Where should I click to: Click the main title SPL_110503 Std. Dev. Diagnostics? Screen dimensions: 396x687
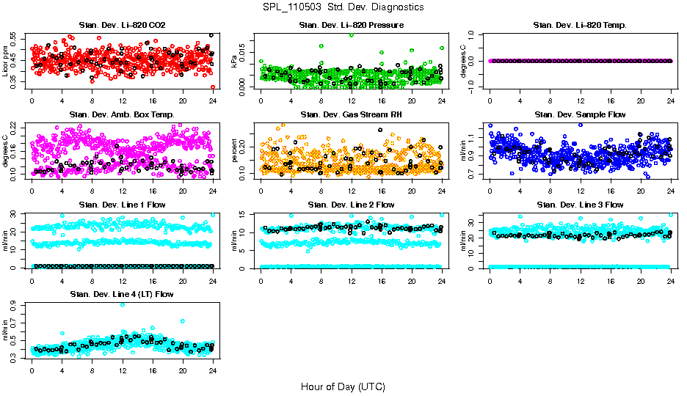pyautogui.click(x=343, y=7)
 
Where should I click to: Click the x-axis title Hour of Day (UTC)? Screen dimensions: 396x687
pyautogui.click(x=343, y=386)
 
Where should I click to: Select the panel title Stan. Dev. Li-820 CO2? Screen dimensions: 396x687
pyautogui.click(x=122, y=26)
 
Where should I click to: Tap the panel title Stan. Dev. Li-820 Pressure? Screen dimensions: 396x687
pyautogui.click(x=351, y=26)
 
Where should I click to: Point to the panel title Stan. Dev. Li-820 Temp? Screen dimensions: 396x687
pyautogui.click(x=580, y=26)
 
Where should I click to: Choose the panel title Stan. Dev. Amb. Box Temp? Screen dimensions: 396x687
pyautogui.click(x=122, y=114)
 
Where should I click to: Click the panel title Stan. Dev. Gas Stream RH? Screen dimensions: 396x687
pyautogui.click(x=351, y=114)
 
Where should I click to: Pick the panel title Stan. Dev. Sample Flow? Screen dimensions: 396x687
pyautogui.click(x=580, y=114)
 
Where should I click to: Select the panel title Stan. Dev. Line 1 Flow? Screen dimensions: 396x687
pyautogui.click(x=122, y=205)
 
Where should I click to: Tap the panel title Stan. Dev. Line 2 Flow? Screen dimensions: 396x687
pyautogui.click(x=351, y=205)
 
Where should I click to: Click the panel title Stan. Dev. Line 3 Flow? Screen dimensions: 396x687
pyautogui.click(x=580, y=205)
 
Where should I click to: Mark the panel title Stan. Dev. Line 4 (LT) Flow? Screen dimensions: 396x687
pyautogui.click(x=122, y=294)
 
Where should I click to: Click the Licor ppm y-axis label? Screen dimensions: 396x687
pyautogui.click(x=6, y=61)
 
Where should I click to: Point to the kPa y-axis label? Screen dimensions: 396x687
pyautogui.click(x=235, y=61)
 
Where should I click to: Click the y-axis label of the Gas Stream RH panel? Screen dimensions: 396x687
pyautogui.click(x=235, y=150)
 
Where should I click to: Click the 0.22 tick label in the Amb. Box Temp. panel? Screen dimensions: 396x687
pyautogui.click(x=16, y=126)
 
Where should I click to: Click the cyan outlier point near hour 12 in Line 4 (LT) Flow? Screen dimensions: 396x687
pyautogui.click(x=122, y=305)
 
